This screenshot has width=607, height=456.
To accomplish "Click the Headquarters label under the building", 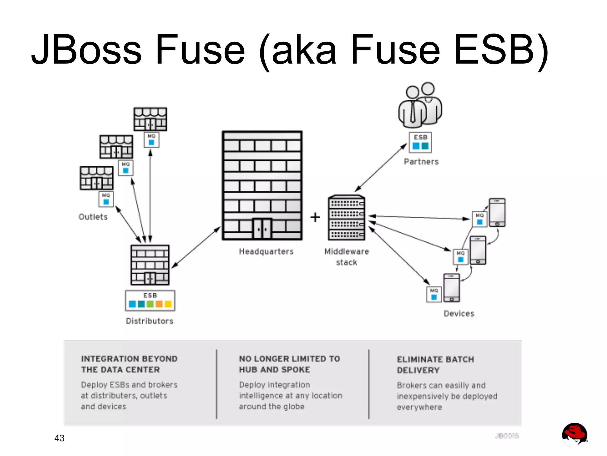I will (x=266, y=252).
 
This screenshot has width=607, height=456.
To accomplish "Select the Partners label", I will (x=421, y=162).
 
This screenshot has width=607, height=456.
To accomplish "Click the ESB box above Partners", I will (x=420, y=142).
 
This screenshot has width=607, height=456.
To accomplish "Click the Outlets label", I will (x=93, y=217).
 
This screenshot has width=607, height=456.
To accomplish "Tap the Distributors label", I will (x=150, y=321).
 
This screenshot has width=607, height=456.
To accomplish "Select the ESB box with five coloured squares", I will (x=150, y=301).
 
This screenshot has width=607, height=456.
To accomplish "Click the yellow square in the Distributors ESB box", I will (x=168, y=304).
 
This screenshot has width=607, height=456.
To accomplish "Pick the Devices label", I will (x=459, y=314).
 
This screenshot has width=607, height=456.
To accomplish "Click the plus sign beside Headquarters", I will (x=315, y=217).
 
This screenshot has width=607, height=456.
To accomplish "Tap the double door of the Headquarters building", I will (x=262, y=229).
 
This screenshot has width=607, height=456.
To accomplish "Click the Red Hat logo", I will (x=574, y=434).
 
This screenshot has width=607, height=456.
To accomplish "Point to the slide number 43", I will (x=59, y=438).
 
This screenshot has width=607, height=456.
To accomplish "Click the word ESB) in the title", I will (x=501, y=50).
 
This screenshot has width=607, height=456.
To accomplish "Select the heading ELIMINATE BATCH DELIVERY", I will (x=435, y=365).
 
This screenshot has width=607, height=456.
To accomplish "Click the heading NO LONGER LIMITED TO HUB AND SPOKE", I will (x=289, y=364).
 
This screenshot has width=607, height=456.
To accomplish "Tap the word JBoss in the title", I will (x=87, y=50).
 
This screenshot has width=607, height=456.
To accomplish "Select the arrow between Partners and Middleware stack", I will (x=381, y=168).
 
